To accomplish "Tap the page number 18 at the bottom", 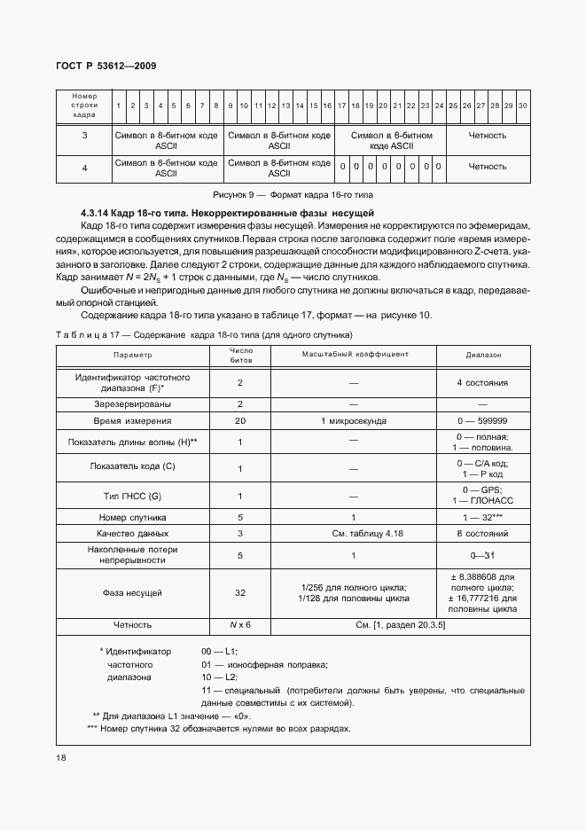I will tap(61, 757).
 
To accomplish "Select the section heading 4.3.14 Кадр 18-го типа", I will tap(228, 214).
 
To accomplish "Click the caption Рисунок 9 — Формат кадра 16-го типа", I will tap(300, 193).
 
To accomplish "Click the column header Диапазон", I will tap(483, 354).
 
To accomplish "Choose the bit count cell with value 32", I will tap(240, 592).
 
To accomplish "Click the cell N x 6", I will tap(240, 625).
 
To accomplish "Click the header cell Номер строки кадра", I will tap(85, 105).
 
